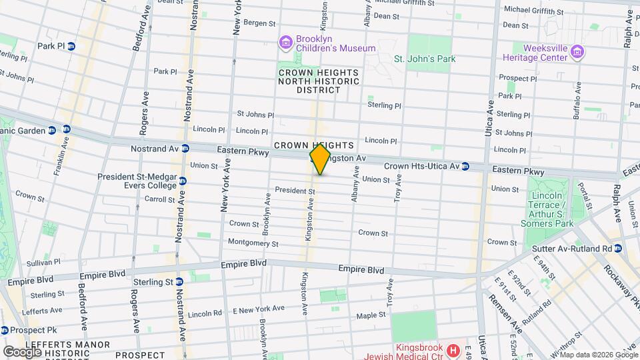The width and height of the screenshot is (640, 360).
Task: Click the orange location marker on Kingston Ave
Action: coord(320,159)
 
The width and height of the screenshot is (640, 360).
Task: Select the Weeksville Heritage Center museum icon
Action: coord(577,52)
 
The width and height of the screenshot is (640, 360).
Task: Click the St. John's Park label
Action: coord(425,59)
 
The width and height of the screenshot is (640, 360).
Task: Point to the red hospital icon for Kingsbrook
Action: coord(453,350)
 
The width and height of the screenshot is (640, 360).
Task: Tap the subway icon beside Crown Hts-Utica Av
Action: coord(466,165)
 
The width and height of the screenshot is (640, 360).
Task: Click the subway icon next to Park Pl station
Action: coord(71,46)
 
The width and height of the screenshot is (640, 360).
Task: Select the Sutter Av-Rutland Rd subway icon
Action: coord(618,249)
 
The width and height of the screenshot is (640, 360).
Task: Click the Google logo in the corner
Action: coord(23,351)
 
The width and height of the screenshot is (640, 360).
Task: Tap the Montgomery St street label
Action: coord(253,243)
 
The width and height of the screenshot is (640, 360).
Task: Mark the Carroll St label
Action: coord(160,199)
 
